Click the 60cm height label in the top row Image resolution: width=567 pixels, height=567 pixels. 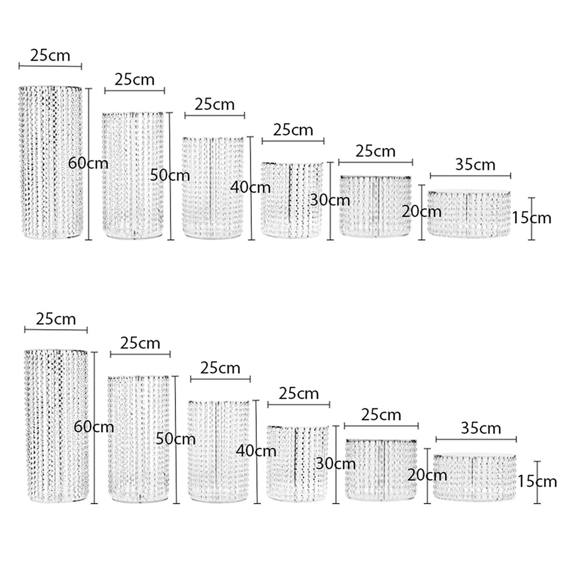88,163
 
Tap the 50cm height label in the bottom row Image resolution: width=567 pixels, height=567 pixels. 175,439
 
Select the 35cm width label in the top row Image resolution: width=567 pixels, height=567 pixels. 475,164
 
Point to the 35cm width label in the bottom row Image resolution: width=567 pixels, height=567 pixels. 481,428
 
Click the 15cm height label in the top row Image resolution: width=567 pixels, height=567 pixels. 531,218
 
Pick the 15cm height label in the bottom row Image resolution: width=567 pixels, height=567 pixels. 537,481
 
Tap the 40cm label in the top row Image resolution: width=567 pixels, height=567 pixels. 250,187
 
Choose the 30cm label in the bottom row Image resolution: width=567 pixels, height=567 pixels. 336,464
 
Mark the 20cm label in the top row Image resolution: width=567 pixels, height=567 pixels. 421,211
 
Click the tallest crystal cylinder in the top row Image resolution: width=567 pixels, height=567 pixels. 50,162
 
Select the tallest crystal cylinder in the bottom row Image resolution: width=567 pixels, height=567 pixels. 56,426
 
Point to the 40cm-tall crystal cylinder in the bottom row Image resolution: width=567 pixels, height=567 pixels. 219,451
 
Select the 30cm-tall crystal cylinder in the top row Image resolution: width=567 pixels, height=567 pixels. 292,200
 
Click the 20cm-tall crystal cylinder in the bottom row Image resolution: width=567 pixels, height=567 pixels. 382,469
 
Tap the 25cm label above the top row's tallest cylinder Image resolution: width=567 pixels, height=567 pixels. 50,56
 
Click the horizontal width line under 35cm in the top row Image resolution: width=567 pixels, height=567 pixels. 471,176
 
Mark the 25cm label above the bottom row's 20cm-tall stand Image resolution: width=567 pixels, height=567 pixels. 381,414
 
